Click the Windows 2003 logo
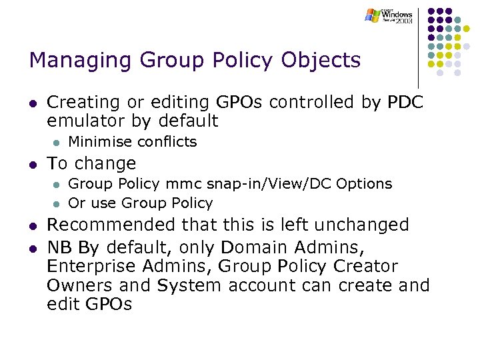point(389,16)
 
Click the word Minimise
point(99,141)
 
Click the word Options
point(365,183)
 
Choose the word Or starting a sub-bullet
point(77,203)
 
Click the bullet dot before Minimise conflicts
point(57,142)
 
